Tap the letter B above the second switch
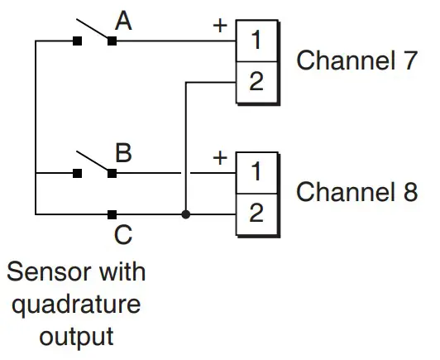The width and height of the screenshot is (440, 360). tap(123, 154)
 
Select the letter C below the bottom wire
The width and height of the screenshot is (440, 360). tap(122, 236)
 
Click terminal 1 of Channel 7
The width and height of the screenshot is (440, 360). tap(256, 40)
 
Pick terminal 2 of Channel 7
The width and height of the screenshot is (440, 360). tap(256, 81)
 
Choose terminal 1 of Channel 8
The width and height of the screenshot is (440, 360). tap(256, 172)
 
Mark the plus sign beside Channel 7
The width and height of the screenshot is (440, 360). tap(220, 24)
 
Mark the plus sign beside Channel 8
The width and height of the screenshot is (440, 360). tap(220, 157)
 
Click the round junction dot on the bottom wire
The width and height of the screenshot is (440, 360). tap(185, 214)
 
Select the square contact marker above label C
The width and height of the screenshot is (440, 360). tap(112, 214)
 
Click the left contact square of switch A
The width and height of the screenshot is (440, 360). tap(76, 41)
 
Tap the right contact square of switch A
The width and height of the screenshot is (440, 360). tap(112, 41)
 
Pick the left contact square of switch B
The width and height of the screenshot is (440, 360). tap(76, 173)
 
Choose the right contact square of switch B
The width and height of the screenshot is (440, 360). tap(112, 173)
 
